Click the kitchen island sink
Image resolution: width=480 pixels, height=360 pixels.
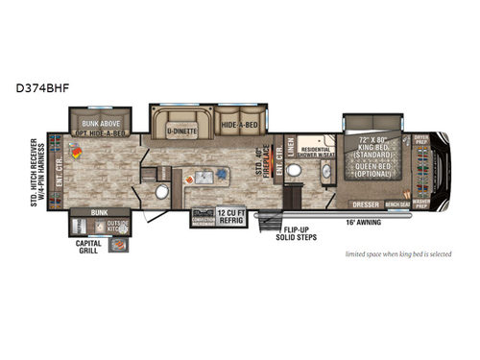[x=203, y=176]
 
